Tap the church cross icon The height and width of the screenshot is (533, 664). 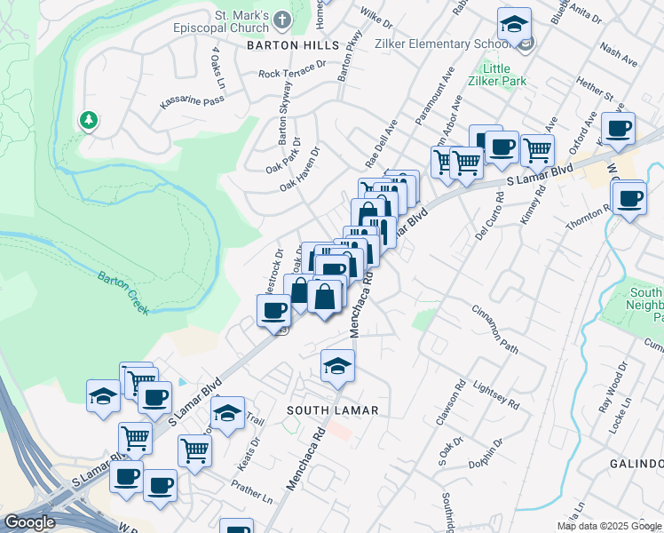click(282, 20)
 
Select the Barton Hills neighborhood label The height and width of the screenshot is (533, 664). click(293, 44)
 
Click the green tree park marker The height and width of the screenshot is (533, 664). click(88, 119)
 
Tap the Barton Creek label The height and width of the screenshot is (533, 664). click(123, 291)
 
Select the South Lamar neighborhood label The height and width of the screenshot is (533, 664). click(333, 410)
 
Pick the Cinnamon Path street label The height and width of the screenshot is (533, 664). click(494, 328)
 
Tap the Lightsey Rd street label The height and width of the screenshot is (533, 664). click(500, 391)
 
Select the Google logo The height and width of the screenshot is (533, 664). click(29, 523)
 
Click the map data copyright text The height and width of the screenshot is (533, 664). click(607, 526)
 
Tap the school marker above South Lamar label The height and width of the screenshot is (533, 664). click(337, 366)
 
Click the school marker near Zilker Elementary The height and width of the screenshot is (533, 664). click(514, 25)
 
